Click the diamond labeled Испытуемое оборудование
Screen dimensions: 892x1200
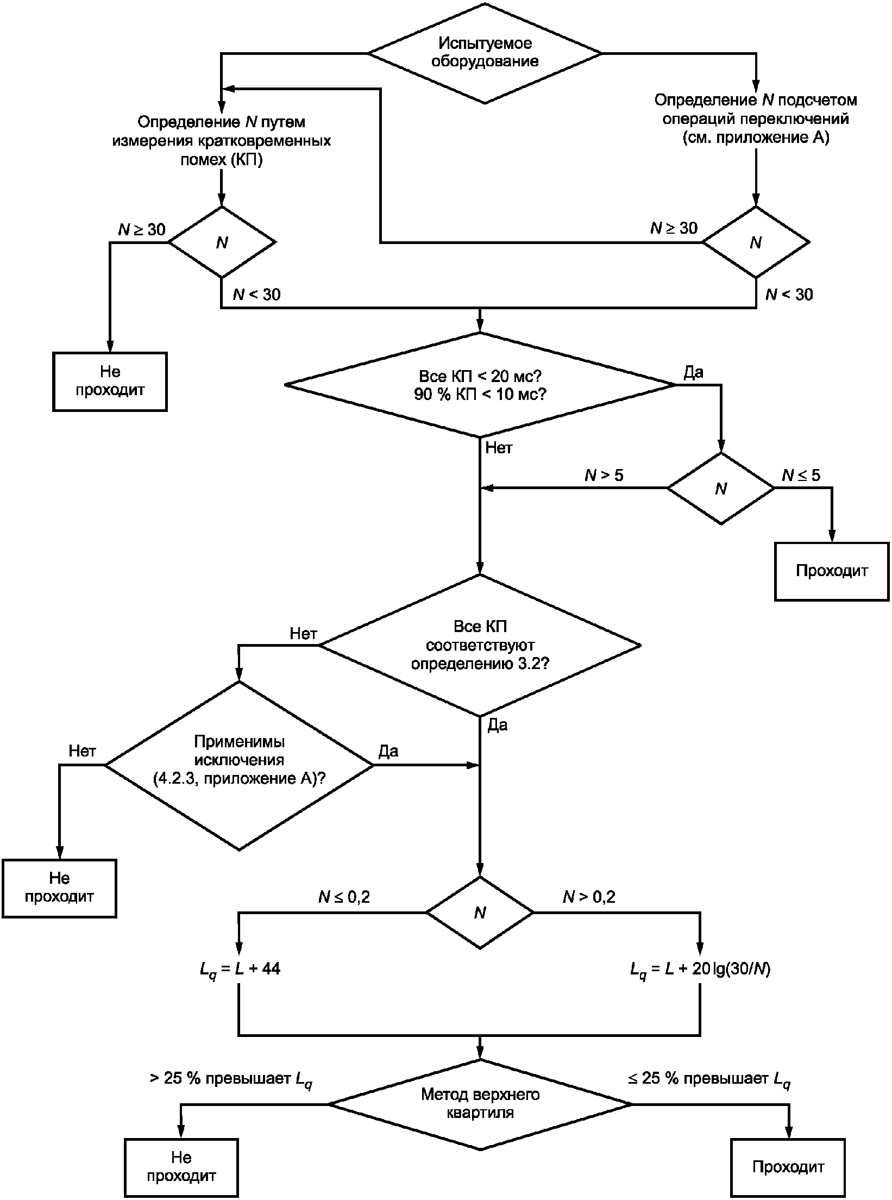[485, 53]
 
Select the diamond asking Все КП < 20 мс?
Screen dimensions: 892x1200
[480, 385]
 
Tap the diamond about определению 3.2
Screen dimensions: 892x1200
[480, 645]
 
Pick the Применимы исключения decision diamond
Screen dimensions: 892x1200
[240, 765]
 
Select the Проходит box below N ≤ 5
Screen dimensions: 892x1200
[832, 571]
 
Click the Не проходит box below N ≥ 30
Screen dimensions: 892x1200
[110, 382]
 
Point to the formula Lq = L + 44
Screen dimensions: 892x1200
[240, 969]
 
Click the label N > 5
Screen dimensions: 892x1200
[604, 476]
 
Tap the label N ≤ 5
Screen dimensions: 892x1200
[801, 476]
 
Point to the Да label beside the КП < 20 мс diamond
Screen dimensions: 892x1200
[693, 372]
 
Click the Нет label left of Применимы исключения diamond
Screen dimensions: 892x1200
[83, 751]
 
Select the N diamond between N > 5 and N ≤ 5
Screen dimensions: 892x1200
[721, 489]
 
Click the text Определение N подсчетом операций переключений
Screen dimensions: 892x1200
[756, 118]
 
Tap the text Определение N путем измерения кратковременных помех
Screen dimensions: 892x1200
[221, 141]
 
